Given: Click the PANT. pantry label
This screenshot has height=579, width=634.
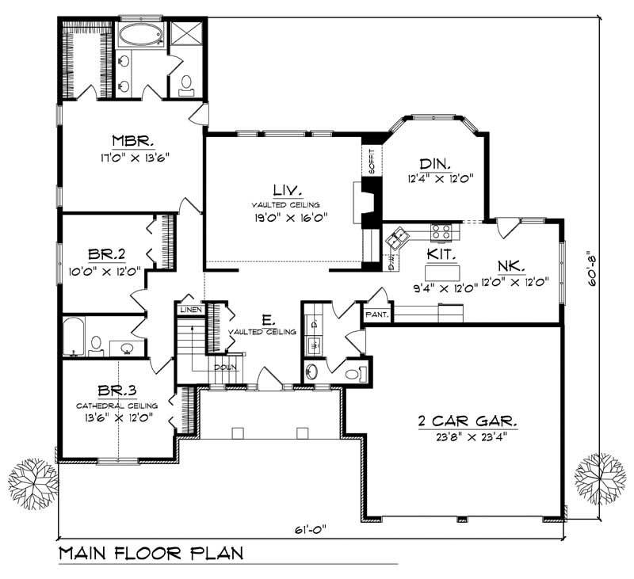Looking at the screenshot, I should coord(376,314).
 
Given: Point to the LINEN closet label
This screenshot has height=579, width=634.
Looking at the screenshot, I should coord(190,309).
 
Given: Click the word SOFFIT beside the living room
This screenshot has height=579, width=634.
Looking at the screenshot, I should coord(370,162).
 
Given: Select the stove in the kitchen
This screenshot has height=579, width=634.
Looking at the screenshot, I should coord(441,232).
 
